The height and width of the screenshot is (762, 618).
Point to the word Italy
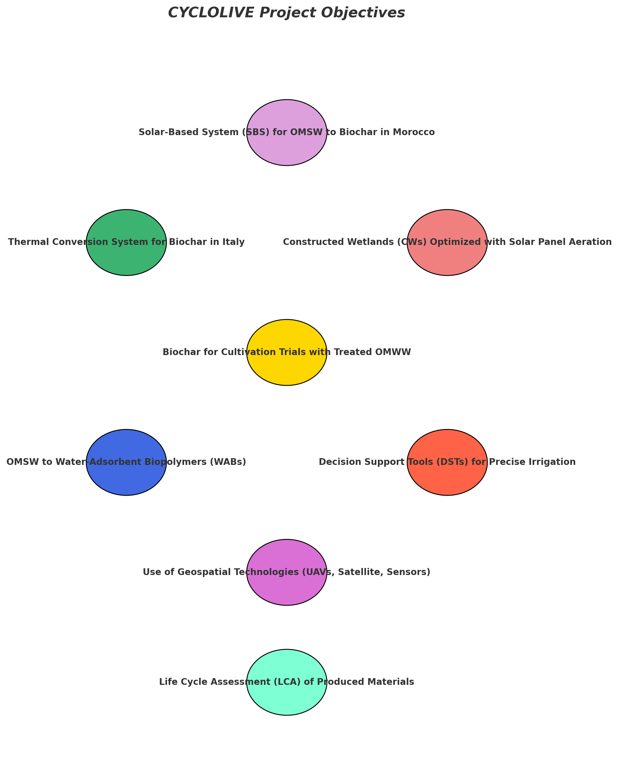coord(235,242)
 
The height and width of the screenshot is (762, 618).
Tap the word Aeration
coord(593,242)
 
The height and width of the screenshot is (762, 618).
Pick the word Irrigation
coord(557,462)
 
